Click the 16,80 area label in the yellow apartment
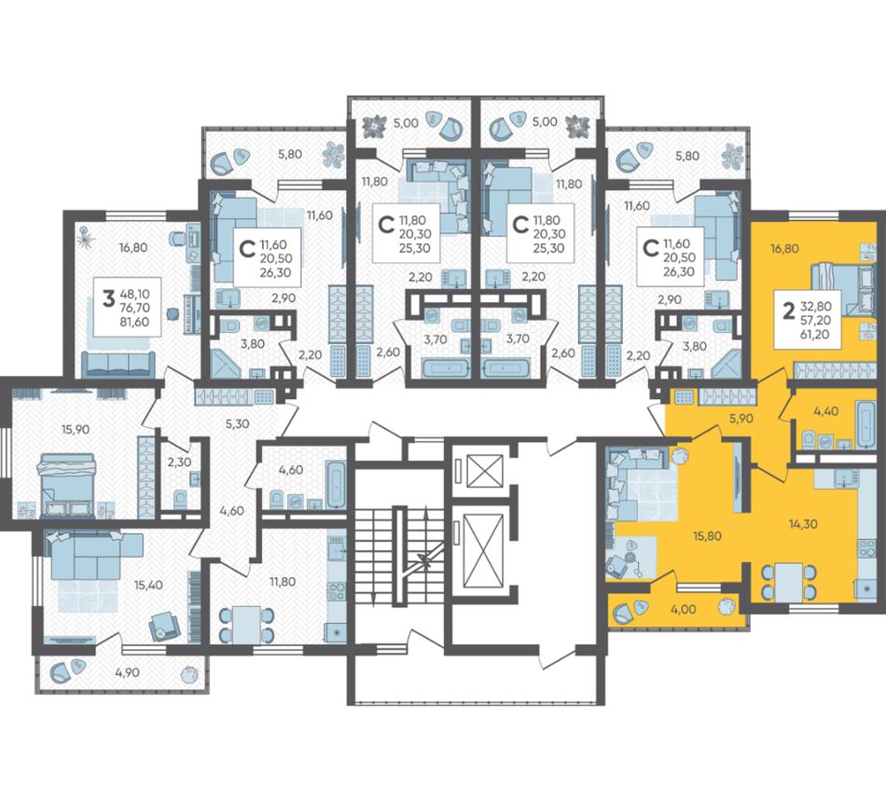[785, 248]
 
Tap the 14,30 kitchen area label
[803, 524]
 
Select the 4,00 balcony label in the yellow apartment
[684, 610]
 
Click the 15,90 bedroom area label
[76, 429]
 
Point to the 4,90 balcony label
[127, 672]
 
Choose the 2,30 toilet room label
[179, 463]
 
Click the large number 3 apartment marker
[108, 298]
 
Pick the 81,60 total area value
[134, 323]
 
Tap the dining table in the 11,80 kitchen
[246, 624]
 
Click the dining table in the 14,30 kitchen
[789, 583]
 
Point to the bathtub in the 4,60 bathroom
[336, 485]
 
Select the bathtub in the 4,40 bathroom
[865, 424]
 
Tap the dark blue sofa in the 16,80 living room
[118, 364]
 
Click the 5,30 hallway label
[237, 423]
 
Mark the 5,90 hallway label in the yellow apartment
[741, 419]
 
